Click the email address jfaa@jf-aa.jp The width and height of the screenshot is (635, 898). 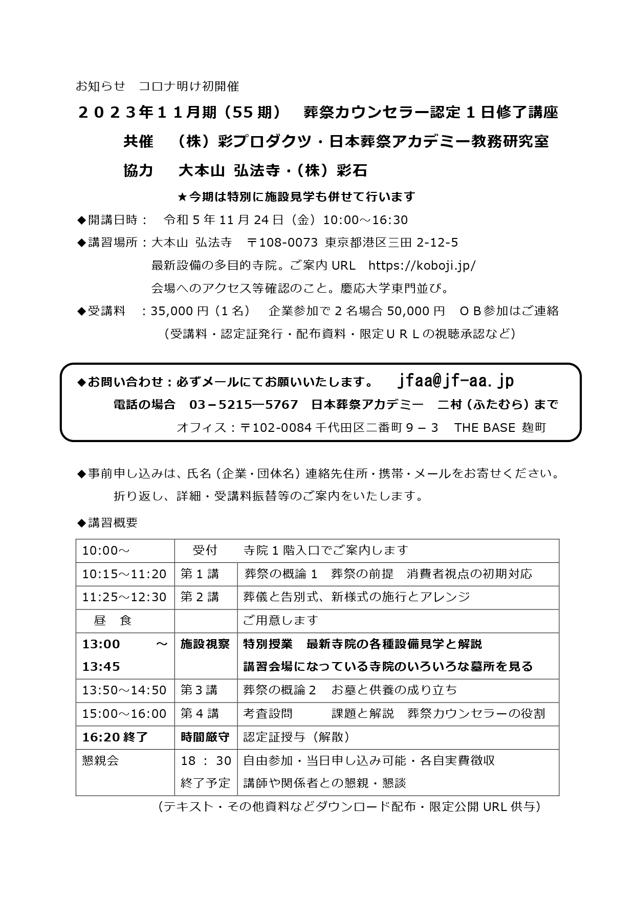tap(455, 381)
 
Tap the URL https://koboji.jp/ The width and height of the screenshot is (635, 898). tap(422, 265)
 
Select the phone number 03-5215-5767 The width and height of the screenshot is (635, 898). tap(244, 405)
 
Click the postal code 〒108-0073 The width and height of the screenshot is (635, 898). tap(282, 242)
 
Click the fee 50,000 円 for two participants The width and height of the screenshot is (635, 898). tap(416, 311)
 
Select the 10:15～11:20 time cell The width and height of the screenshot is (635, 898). tap(124, 574)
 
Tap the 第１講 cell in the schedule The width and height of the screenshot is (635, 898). tap(200, 574)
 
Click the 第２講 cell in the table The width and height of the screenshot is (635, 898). tap(200, 597)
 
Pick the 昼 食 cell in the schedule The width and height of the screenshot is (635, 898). tap(113, 621)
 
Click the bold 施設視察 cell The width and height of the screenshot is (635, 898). tap(205, 644)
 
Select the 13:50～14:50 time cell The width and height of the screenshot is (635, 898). tap(124, 690)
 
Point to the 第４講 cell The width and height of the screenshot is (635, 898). tap(200, 713)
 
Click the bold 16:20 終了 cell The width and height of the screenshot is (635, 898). tap(115, 737)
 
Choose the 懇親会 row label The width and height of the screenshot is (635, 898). tap(101, 760)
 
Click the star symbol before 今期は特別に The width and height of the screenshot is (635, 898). tap(183, 197)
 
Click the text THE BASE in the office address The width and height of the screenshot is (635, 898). tap(484, 428)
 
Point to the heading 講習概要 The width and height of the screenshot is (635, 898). tap(113, 522)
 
